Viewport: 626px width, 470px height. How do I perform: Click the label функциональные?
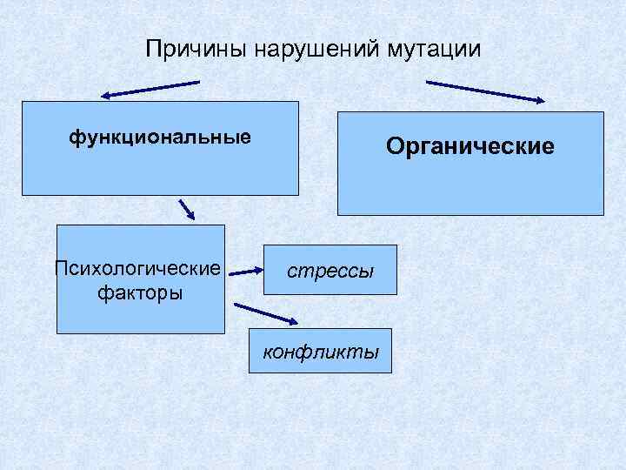[160, 137]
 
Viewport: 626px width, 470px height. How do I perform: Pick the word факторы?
[140, 292]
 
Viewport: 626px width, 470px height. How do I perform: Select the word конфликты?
[321, 352]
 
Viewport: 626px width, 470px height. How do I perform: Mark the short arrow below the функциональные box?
[187, 210]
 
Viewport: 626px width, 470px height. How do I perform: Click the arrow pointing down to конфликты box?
[266, 312]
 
